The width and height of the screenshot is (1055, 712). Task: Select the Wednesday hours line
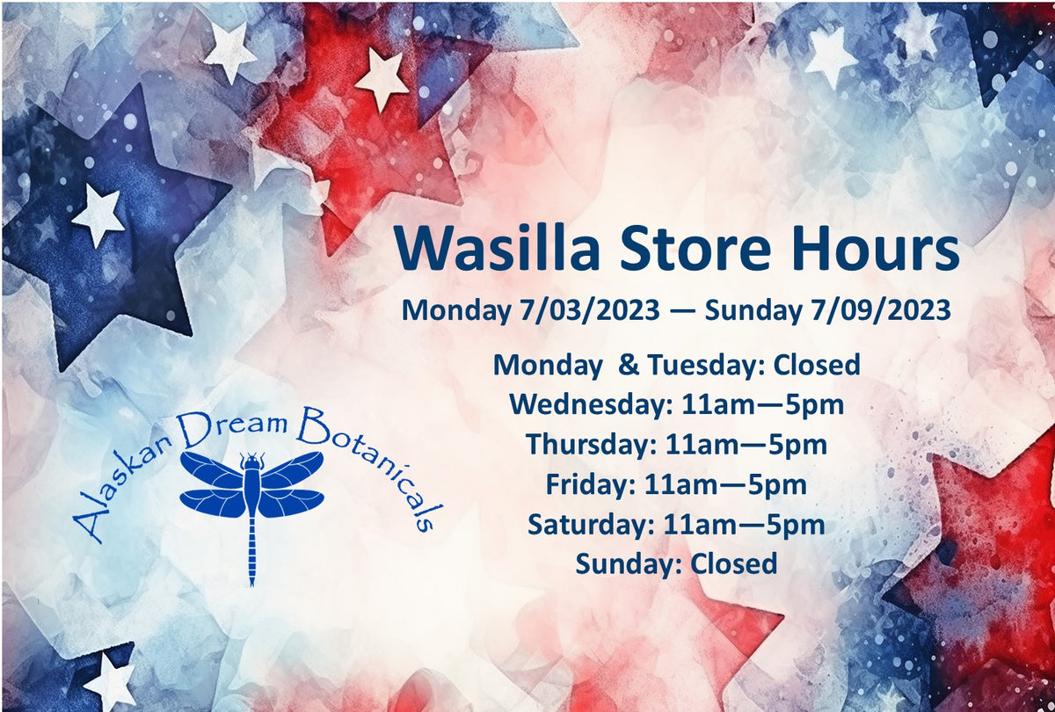point(677,405)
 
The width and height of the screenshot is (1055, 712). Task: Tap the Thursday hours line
point(677,445)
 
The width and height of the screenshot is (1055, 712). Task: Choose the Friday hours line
point(677,484)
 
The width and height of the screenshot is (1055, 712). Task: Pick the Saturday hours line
point(677,525)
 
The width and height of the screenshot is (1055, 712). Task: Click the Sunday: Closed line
point(677,563)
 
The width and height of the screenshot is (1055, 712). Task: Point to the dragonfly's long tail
point(251,549)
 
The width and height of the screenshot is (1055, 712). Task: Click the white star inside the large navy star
point(98,214)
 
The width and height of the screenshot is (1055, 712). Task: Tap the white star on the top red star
point(382,77)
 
